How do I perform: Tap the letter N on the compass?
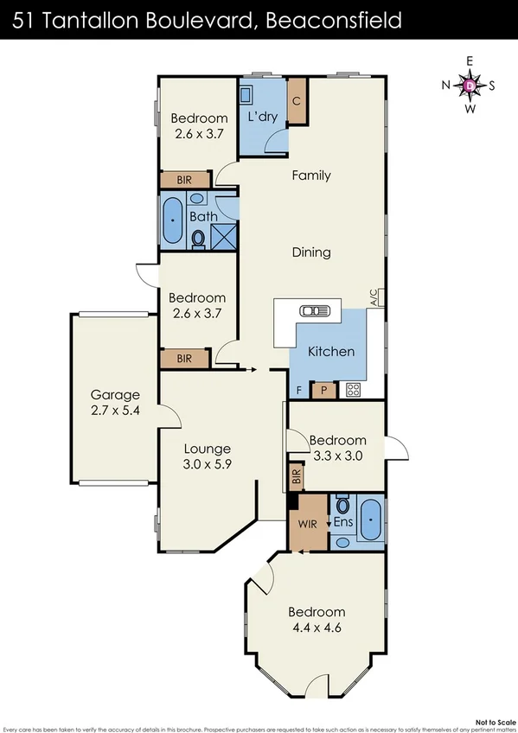(x=446, y=85)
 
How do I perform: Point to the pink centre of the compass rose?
(x=470, y=85)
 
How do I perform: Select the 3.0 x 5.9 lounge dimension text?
(x=207, y=464)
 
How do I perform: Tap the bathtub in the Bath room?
(x=173, y=221)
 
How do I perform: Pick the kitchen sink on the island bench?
(x=309, y=311)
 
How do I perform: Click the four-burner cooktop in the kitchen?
(x=353, y=389)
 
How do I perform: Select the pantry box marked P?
(x=323, y=390)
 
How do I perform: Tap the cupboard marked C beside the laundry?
(x=297, y=100)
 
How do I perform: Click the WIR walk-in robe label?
(x=308, y=524)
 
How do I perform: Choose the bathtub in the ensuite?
(x=370, y=521)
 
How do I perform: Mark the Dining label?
(x=311, y=252)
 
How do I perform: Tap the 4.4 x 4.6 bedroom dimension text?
(x=317, y=628)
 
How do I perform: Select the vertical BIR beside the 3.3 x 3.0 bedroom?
(x=295, y=475)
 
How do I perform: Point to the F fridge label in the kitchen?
(x=298, y=390)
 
